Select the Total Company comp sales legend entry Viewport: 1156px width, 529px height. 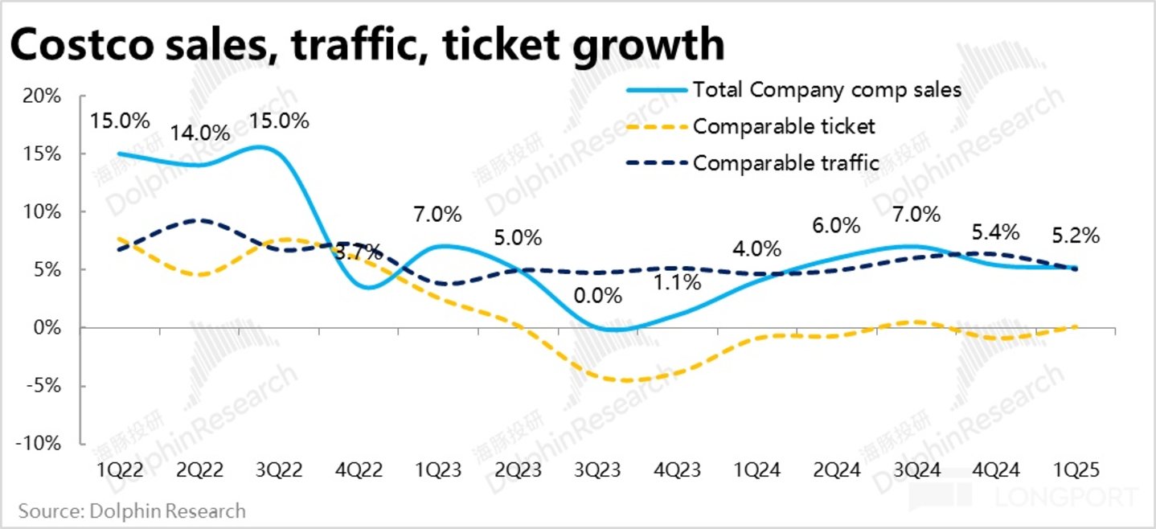(826, 89)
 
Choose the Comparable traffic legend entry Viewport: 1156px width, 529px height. (785, 162)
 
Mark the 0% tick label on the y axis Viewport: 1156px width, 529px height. (46, 328)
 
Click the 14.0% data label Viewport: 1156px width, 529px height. (200, 132)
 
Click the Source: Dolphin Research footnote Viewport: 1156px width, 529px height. (132, 511)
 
